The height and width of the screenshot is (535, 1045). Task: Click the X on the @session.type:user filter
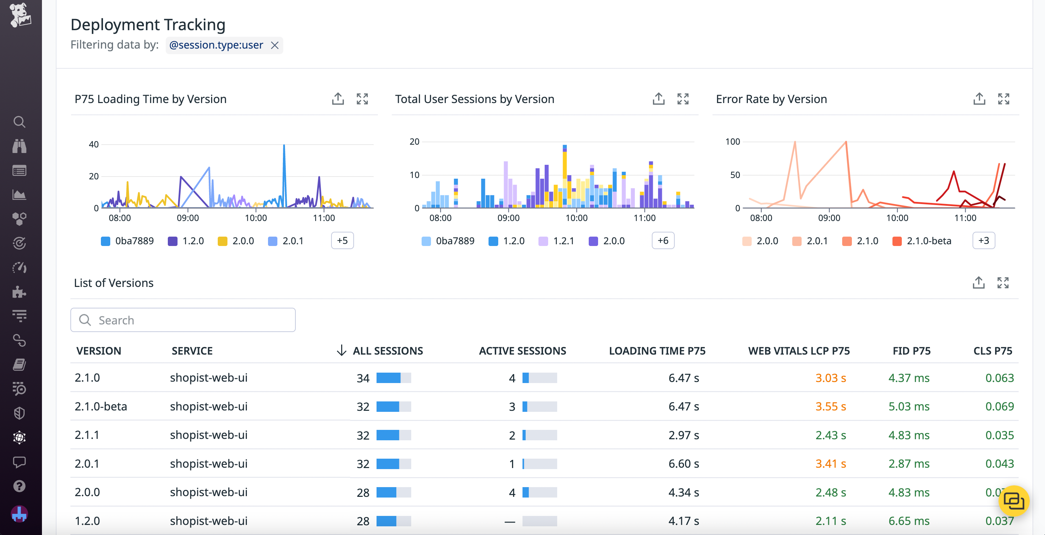tap(275, 45)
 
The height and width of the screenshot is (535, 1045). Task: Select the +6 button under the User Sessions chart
tap(663, 241)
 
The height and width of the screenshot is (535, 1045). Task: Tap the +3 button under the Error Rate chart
tap(983, 241)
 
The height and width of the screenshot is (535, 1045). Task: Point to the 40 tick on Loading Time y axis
tap(94, 145)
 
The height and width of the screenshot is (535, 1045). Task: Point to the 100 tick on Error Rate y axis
tap(732, 142)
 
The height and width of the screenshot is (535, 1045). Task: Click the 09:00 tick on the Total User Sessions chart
tap(508, 218)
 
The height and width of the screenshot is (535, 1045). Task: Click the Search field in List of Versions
tap(183, 320)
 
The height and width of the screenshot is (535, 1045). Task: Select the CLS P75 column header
tap(992, 351)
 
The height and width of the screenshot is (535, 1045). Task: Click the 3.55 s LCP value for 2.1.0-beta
tap(830, 406)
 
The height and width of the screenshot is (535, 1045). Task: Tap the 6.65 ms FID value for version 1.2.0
tap(908, 521)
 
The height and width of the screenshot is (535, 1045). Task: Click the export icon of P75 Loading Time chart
tap(337, 99)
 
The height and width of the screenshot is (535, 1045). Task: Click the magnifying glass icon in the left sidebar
tap(19, 122)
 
